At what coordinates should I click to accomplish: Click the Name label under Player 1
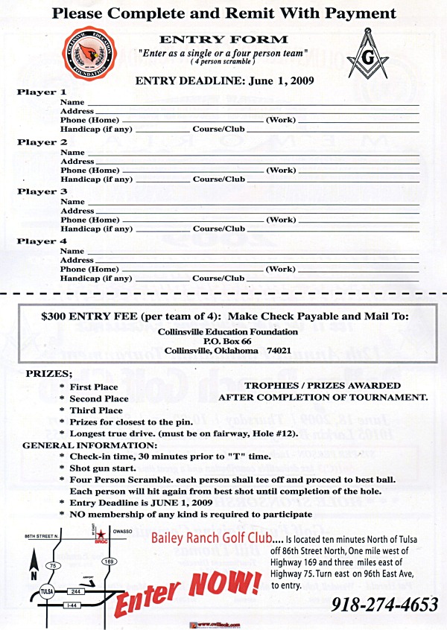pyautogui.click(x=72, y=102)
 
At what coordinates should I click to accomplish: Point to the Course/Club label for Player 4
pyautogui.click(x=218, y=278)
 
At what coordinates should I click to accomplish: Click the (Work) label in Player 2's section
pyautogui.click(x=281, y=170)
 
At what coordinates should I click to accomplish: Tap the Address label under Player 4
pyautogui.click(x=77, y=260)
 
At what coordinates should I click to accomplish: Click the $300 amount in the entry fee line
pyautogui.click(x=54, y=316)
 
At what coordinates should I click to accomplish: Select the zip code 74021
pyautogui.click(x=278, y=350)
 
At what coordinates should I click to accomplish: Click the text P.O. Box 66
pyautogui.click(x=227, y=340)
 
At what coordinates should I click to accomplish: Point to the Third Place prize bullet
pyautogui.click(x=96, y=410)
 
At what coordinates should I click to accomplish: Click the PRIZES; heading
pyautogui.click(x=49, y=373)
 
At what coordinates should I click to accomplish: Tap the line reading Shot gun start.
pyautogui.click(x=102, y=468)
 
